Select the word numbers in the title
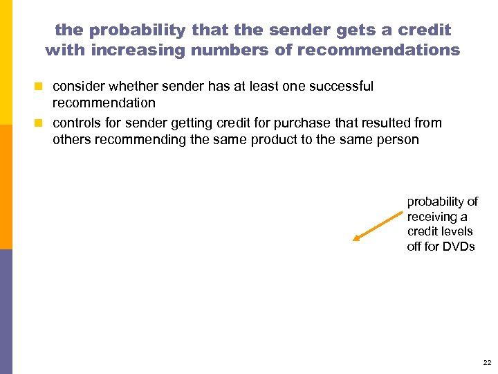tap(226, 50)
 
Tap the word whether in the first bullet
tap(131, 87)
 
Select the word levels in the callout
tap(456, 231)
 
